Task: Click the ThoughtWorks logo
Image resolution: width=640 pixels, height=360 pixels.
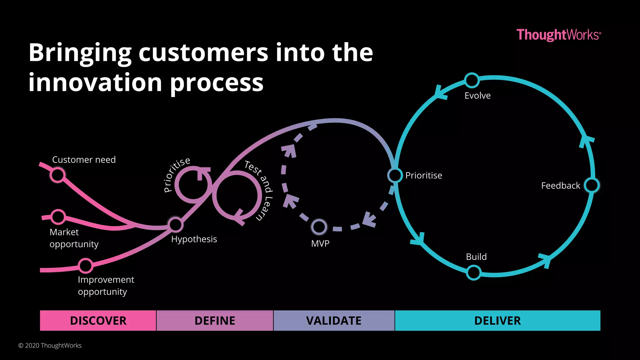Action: click(x=558, y=35)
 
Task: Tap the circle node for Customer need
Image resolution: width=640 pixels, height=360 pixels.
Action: click(x=57, y=175)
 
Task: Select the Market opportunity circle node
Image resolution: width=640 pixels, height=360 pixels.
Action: click(x=58, y=217)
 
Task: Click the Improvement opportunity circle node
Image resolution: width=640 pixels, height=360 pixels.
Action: click(x=85, y=266)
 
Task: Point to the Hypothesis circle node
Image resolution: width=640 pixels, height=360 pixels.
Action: click(x=175, y=224)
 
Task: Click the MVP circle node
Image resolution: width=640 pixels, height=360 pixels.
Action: click(x=319, y=227)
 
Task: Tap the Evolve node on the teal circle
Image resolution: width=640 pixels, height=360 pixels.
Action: click(x=472, y=80)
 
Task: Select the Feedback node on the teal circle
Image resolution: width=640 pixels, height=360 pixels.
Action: click(x=592, y=185)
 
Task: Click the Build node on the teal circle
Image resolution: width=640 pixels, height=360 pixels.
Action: click(x=474, y=272)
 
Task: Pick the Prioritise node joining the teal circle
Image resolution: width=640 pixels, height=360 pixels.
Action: click(x=395, y=175)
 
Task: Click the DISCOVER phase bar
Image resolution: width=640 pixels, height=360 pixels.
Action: click(x=98, y=321)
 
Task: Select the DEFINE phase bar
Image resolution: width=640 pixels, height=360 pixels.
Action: click(x=215, y=321)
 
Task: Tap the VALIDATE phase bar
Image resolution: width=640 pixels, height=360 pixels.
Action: click(x=334, y=321)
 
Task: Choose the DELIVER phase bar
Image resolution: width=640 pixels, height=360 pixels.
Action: click(x=497, y=321)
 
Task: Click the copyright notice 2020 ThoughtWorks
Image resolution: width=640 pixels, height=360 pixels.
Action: click(x=50, y=345)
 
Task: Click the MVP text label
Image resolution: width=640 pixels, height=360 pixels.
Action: click(x=320, y=243)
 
